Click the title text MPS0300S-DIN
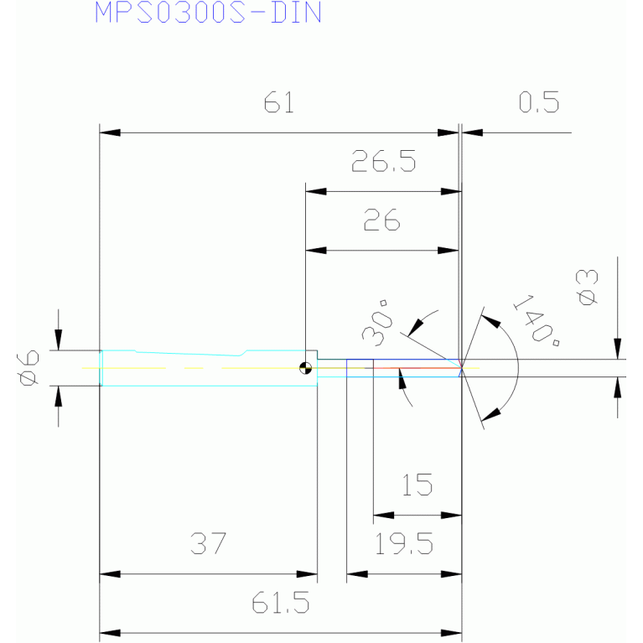pos(208,13)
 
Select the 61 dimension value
pos(279,102)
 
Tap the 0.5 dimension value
pos(538,102)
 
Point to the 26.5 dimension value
pos(383,161)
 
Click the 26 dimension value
pos(381,220)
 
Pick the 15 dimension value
pos(417,485)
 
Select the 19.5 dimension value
pos(404,544)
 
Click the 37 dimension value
pos(208,543)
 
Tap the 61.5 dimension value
pos(281,603)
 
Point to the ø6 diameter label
pos(29,368)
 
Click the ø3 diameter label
pos(587,287)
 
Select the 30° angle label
pos(377,323)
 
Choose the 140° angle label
pos(537,320)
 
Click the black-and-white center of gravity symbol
pos(305,368)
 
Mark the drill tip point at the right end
pos(462,368)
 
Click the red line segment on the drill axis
pos(417,368)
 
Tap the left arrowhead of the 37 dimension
pos(110,574)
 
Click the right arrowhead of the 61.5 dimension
pos(452,633)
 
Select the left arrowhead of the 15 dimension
pos(384,515)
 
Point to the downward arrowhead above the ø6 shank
pos(58,340)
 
